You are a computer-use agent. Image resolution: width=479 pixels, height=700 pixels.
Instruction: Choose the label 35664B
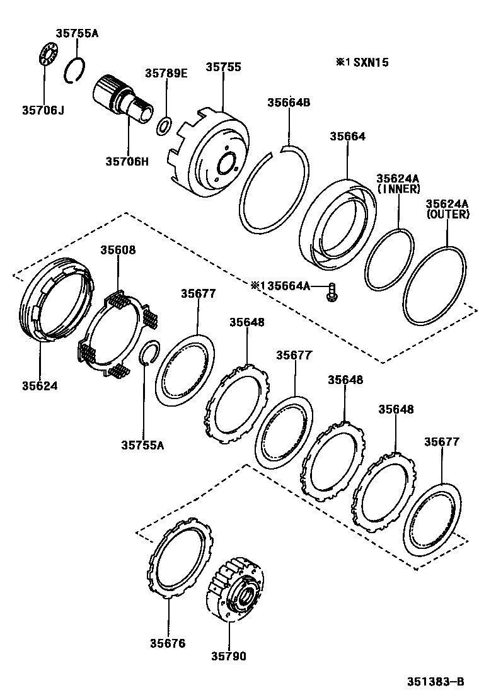coord(289,103)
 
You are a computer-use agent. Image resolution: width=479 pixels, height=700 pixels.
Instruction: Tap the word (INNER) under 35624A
coord(398,189)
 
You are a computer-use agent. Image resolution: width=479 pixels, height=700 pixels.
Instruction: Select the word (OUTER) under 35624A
coord(447,214)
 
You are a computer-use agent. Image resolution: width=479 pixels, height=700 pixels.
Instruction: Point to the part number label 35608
coord(118,250)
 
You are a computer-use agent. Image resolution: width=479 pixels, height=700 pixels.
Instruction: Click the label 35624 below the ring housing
coord(39,385)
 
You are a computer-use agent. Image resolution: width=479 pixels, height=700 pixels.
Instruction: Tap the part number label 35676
coord(168,643)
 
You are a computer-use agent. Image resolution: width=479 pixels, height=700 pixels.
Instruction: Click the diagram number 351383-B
coord(434,681)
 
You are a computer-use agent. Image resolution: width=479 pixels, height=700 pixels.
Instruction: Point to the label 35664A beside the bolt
coord(289,286)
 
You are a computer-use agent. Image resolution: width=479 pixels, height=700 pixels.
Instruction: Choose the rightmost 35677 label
coord(441,442)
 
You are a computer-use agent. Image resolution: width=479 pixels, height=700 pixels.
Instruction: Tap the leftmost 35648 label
coord(246,322)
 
